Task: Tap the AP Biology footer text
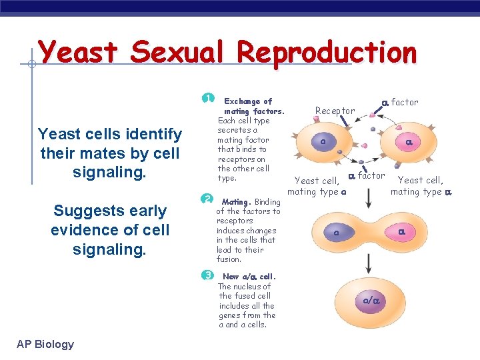pos(45,344)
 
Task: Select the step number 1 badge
pos(208,98)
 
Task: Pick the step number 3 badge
pos(208,275)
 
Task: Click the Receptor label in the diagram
pos(335,110)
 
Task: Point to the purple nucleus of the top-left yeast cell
pos(323,142)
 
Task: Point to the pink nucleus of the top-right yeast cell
pos(409,142)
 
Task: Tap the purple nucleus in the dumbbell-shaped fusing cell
pos(337,233)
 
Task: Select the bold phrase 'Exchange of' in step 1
pos(248,101)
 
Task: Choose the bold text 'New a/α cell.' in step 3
pos(249,277)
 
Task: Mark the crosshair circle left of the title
pos(31,65)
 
